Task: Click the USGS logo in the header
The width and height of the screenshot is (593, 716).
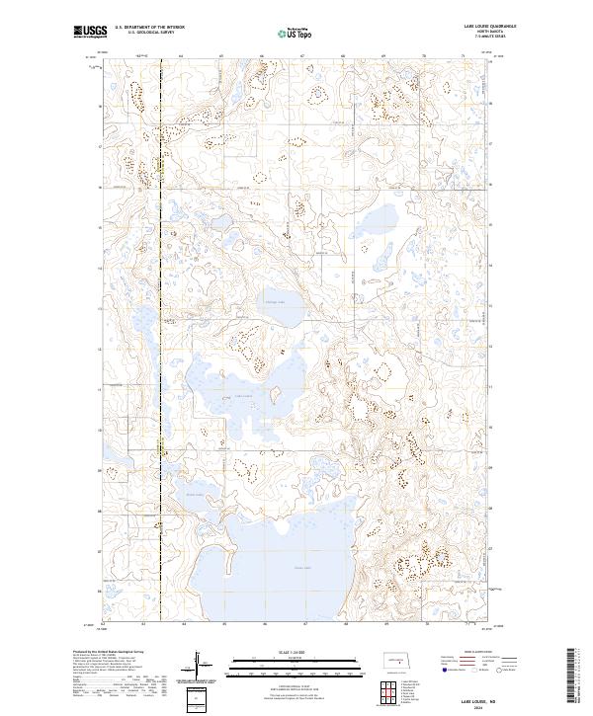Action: (x=90, y=33)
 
